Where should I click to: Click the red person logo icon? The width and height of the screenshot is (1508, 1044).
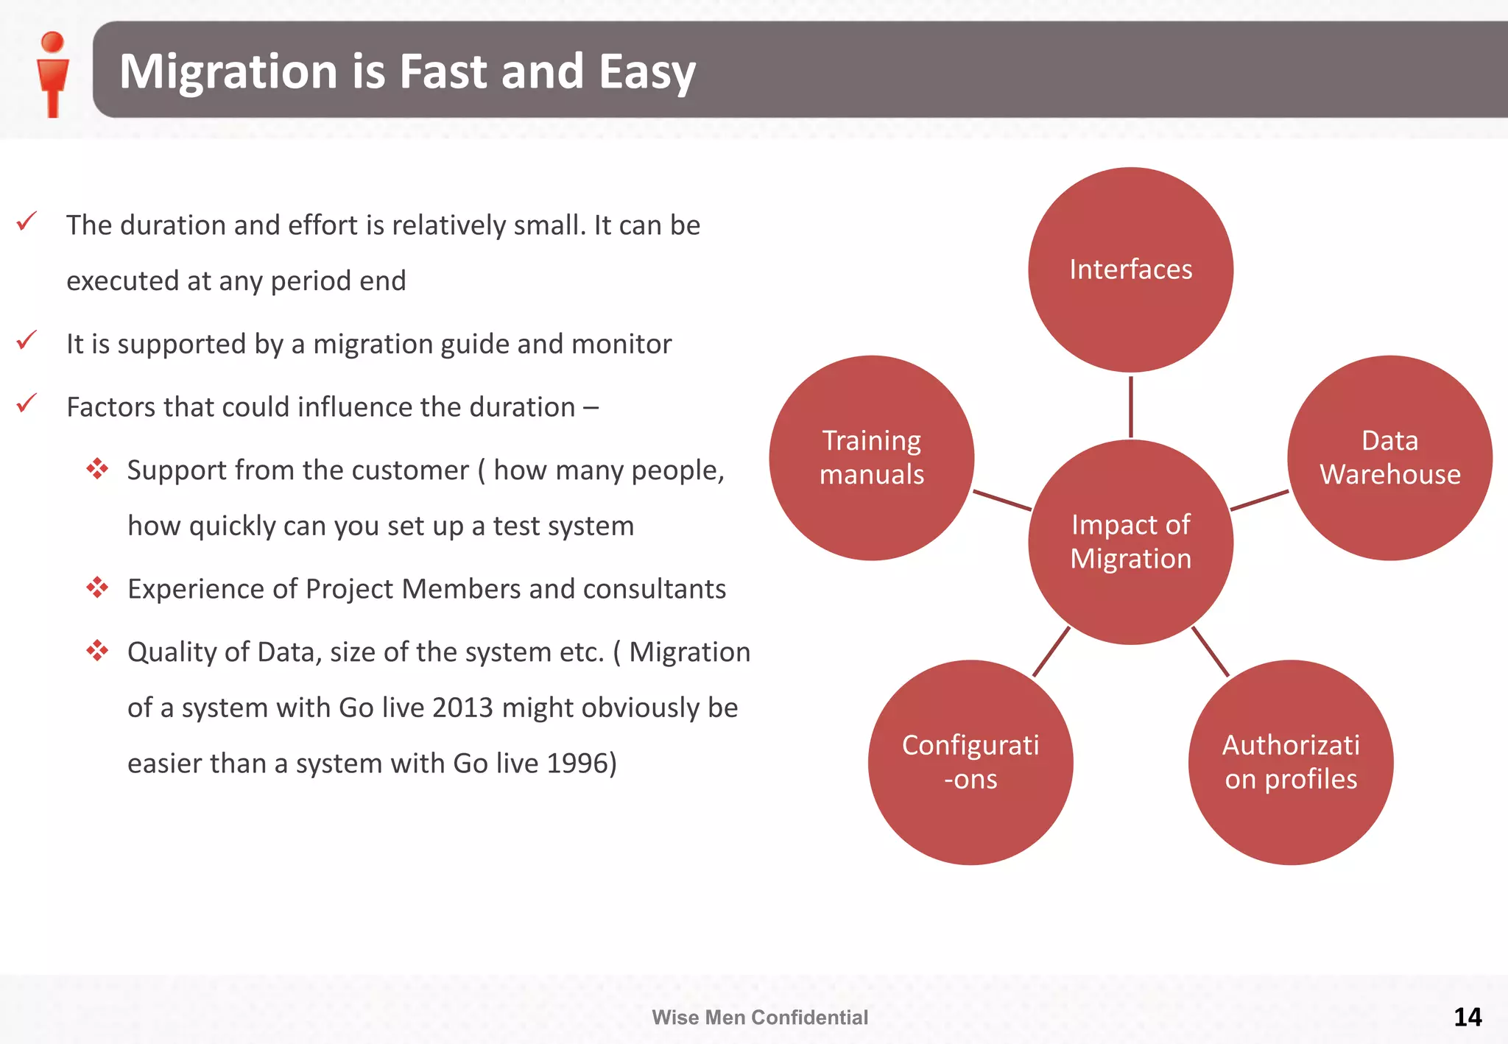pyautogui.click(x=52, y=73)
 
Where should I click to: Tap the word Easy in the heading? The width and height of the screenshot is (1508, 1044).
pyautogui.click(x=646, y=71)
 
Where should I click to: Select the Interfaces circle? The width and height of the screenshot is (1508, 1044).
pyautogui.click(x=1130, y=269)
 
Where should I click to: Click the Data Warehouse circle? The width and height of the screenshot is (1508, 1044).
pyautogui.click(x=1389, y=457)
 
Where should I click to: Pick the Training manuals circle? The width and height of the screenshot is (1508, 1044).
pyautogui.click(x=872, y=457)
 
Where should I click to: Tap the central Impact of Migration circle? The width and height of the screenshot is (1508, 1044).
pyautogui.click(x=1130, y=542)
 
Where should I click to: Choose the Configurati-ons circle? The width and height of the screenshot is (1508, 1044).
pyautogui.click(x=970, y=762)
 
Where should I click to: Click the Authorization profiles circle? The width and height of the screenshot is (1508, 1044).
pyautogui.click(x=1290, y=762)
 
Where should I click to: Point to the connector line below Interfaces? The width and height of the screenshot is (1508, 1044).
pyautogui.click(x=1130, y=406)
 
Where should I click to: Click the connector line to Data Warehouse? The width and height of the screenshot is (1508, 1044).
pyautogui.click(x=1259, y=501)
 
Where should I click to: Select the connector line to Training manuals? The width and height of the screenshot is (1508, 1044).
pyautogui.click(x=1002, y=501)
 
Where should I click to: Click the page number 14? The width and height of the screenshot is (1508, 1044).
pyautogui.click(x=1468, y=1017)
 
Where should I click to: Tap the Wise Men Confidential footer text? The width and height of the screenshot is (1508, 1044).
pyautogui.click(x=760, y=1017)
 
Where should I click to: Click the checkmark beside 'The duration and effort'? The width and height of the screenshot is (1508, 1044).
pyautogui.click(x=27, y=221)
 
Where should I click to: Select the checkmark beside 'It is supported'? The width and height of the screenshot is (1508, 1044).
pyautogui.click(x=27, y=340)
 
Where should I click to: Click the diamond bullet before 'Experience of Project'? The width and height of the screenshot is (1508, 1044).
pyautogui.click(x=97, y=588)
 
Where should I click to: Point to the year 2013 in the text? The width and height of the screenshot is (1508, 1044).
pyautogui.click(x=462, y=708)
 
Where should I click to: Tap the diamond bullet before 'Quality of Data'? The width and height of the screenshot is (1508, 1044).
pyautogui.click(x=97, y=651)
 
